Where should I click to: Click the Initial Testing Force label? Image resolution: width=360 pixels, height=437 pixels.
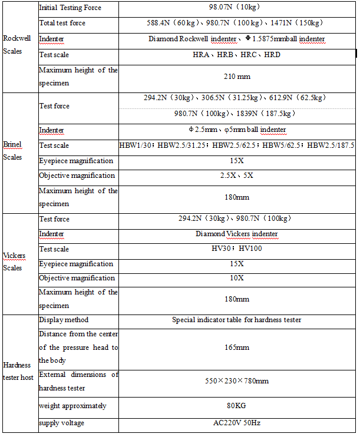tap(70, 8)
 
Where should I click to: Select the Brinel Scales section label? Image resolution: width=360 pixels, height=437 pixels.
tap(12, 151)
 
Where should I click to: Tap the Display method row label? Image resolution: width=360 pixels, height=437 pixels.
tap(64, 320)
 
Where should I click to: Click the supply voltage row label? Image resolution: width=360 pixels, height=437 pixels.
tap(61, 423)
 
